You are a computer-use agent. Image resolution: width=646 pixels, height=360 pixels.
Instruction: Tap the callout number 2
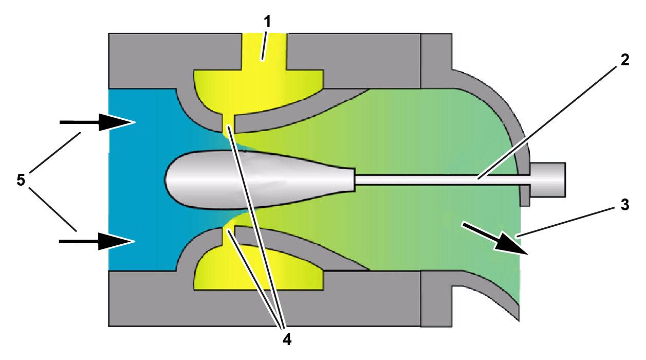coord(624,59)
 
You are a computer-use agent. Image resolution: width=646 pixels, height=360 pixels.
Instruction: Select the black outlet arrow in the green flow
coord(495,238)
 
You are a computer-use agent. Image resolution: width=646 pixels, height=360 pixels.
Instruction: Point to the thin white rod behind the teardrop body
coord(437,179)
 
